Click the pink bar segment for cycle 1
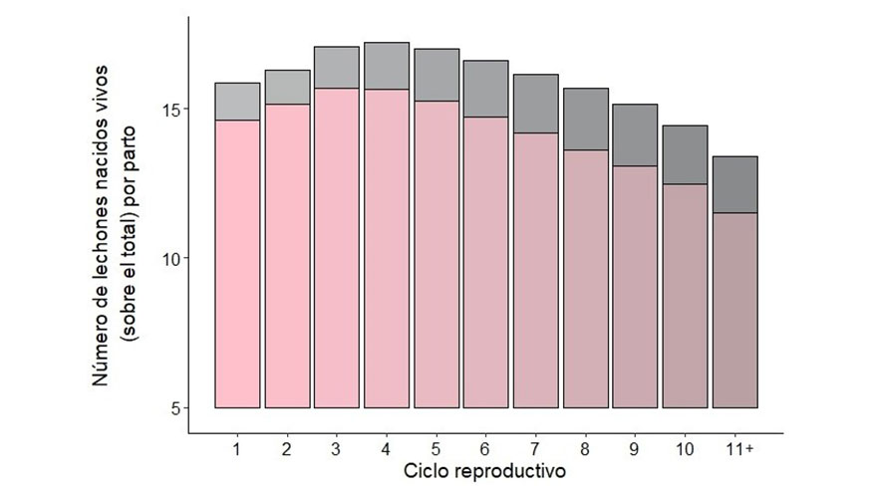coord(237,264)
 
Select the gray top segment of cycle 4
coord(387,66)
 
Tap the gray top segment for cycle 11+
coord(734,184)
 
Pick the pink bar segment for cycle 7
coord(536,270)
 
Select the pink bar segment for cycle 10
coord(685,296)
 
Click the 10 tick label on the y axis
coord(171,258)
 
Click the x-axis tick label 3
coord(337,449)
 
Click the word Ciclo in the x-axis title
coord(426,470)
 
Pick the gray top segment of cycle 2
coord(287,87)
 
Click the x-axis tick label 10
coord(685,449)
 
